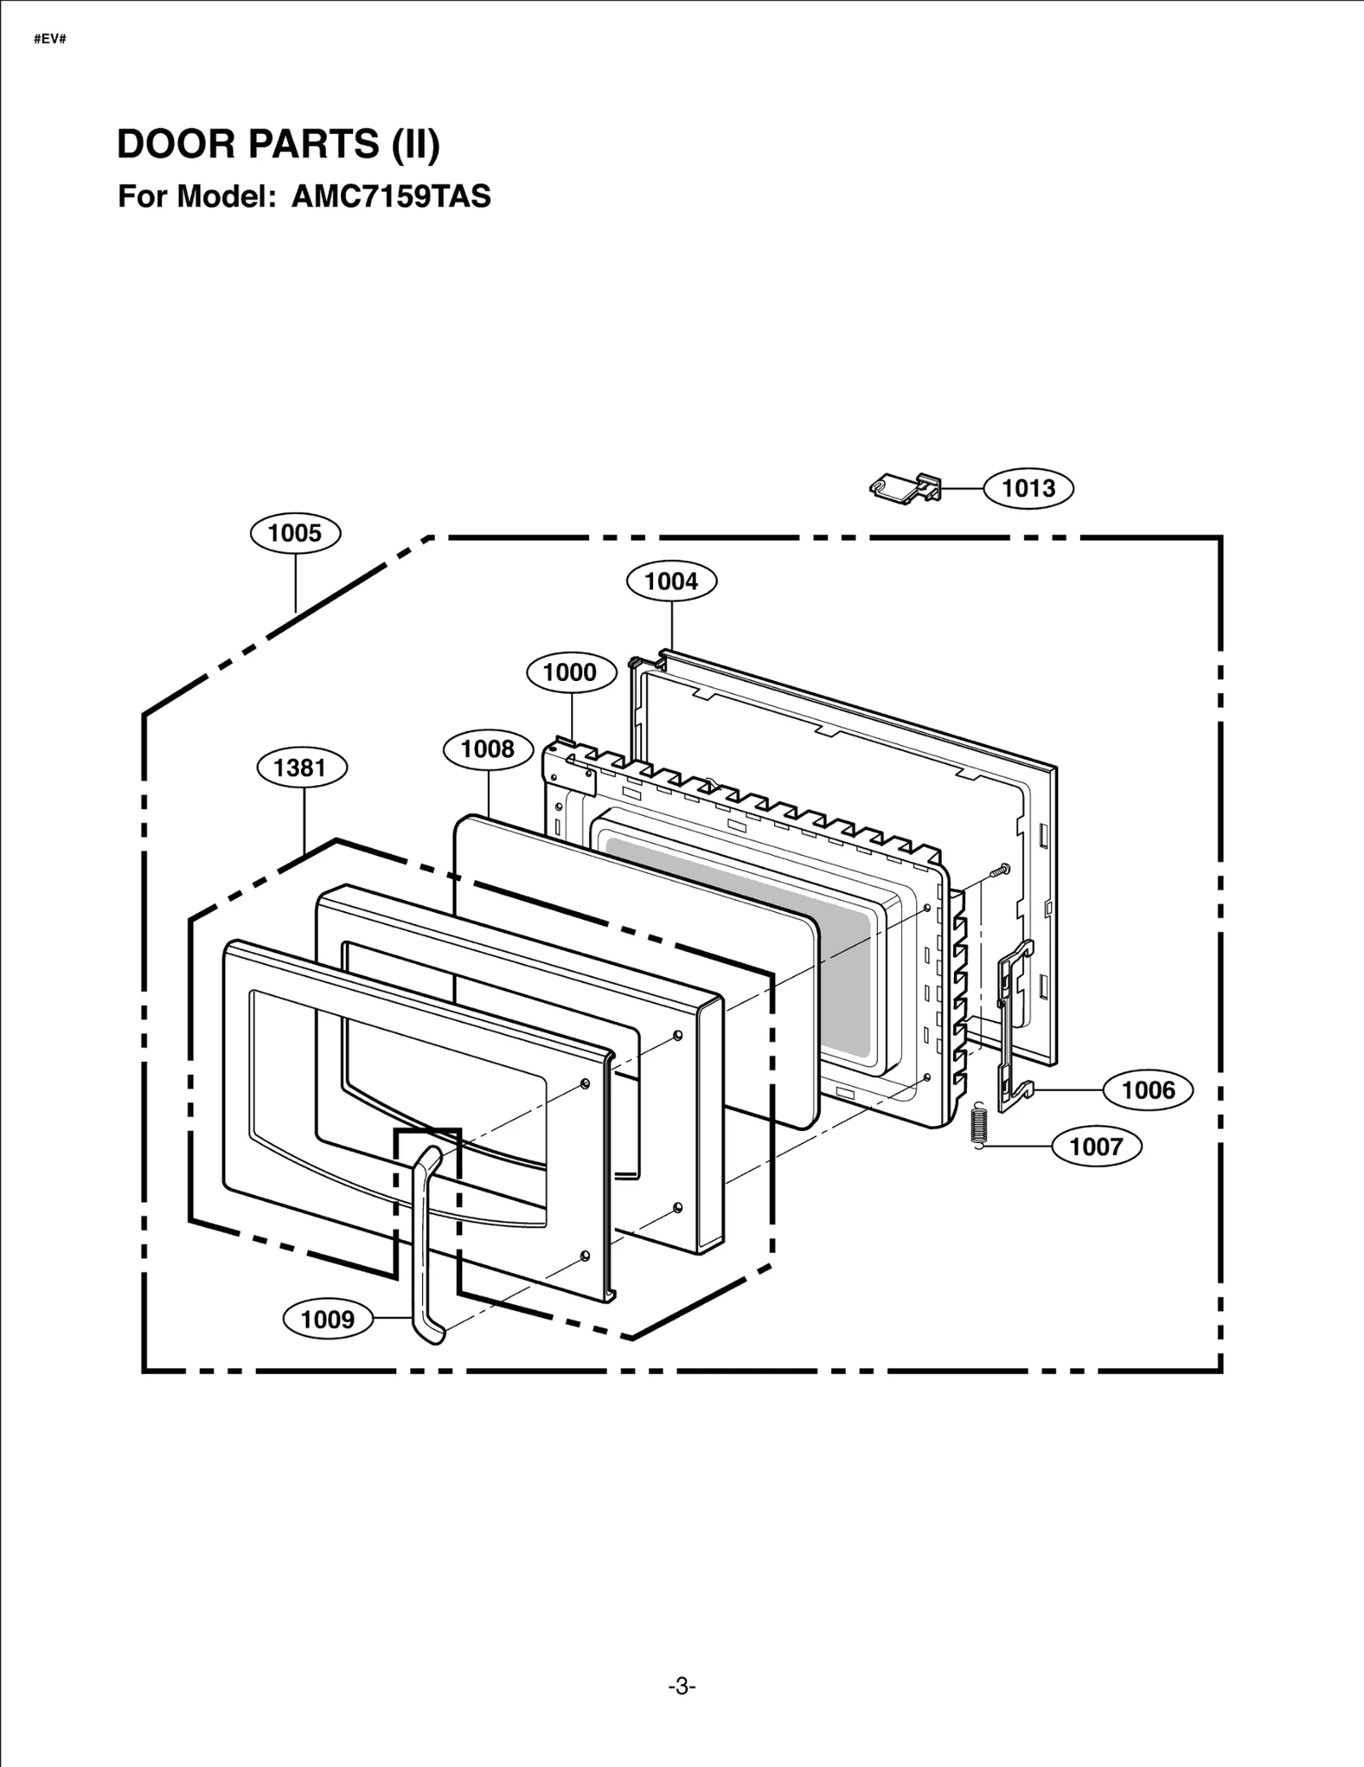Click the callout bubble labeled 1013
tap(1028, 488)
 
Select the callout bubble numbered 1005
tap(295, 534)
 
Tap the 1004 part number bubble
tap(671, 581)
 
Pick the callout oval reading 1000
tap(569, 673)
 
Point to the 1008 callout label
tap(488, 749)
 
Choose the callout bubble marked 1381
tap(302, 768)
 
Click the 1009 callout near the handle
tap(327, 1319)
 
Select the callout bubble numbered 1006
tap(1147, 1090)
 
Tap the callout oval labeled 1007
tap(1095, 1146)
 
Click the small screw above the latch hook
tap(999, 869)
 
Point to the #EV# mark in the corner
tap(50, 39)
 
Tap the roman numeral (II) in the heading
tap(415, 144)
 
